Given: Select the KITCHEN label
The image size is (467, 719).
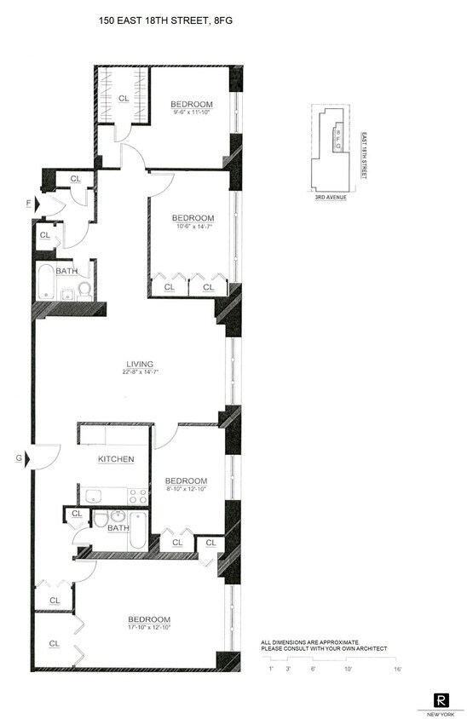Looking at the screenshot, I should (116, 459).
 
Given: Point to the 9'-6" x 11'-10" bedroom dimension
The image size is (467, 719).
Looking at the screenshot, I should (191, 112).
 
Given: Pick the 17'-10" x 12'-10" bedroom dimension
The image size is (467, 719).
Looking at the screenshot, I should (149, 628).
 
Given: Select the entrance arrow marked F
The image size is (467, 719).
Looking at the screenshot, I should (31, 204).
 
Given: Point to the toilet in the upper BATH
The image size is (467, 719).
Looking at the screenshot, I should (84, 291).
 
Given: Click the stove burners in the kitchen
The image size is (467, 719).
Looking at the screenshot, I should (137, 495).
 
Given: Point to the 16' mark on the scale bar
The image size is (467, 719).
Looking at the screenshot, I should (397, 670).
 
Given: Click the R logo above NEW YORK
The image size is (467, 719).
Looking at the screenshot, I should (441, 699).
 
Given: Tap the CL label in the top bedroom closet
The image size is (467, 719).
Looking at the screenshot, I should (124, 98).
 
